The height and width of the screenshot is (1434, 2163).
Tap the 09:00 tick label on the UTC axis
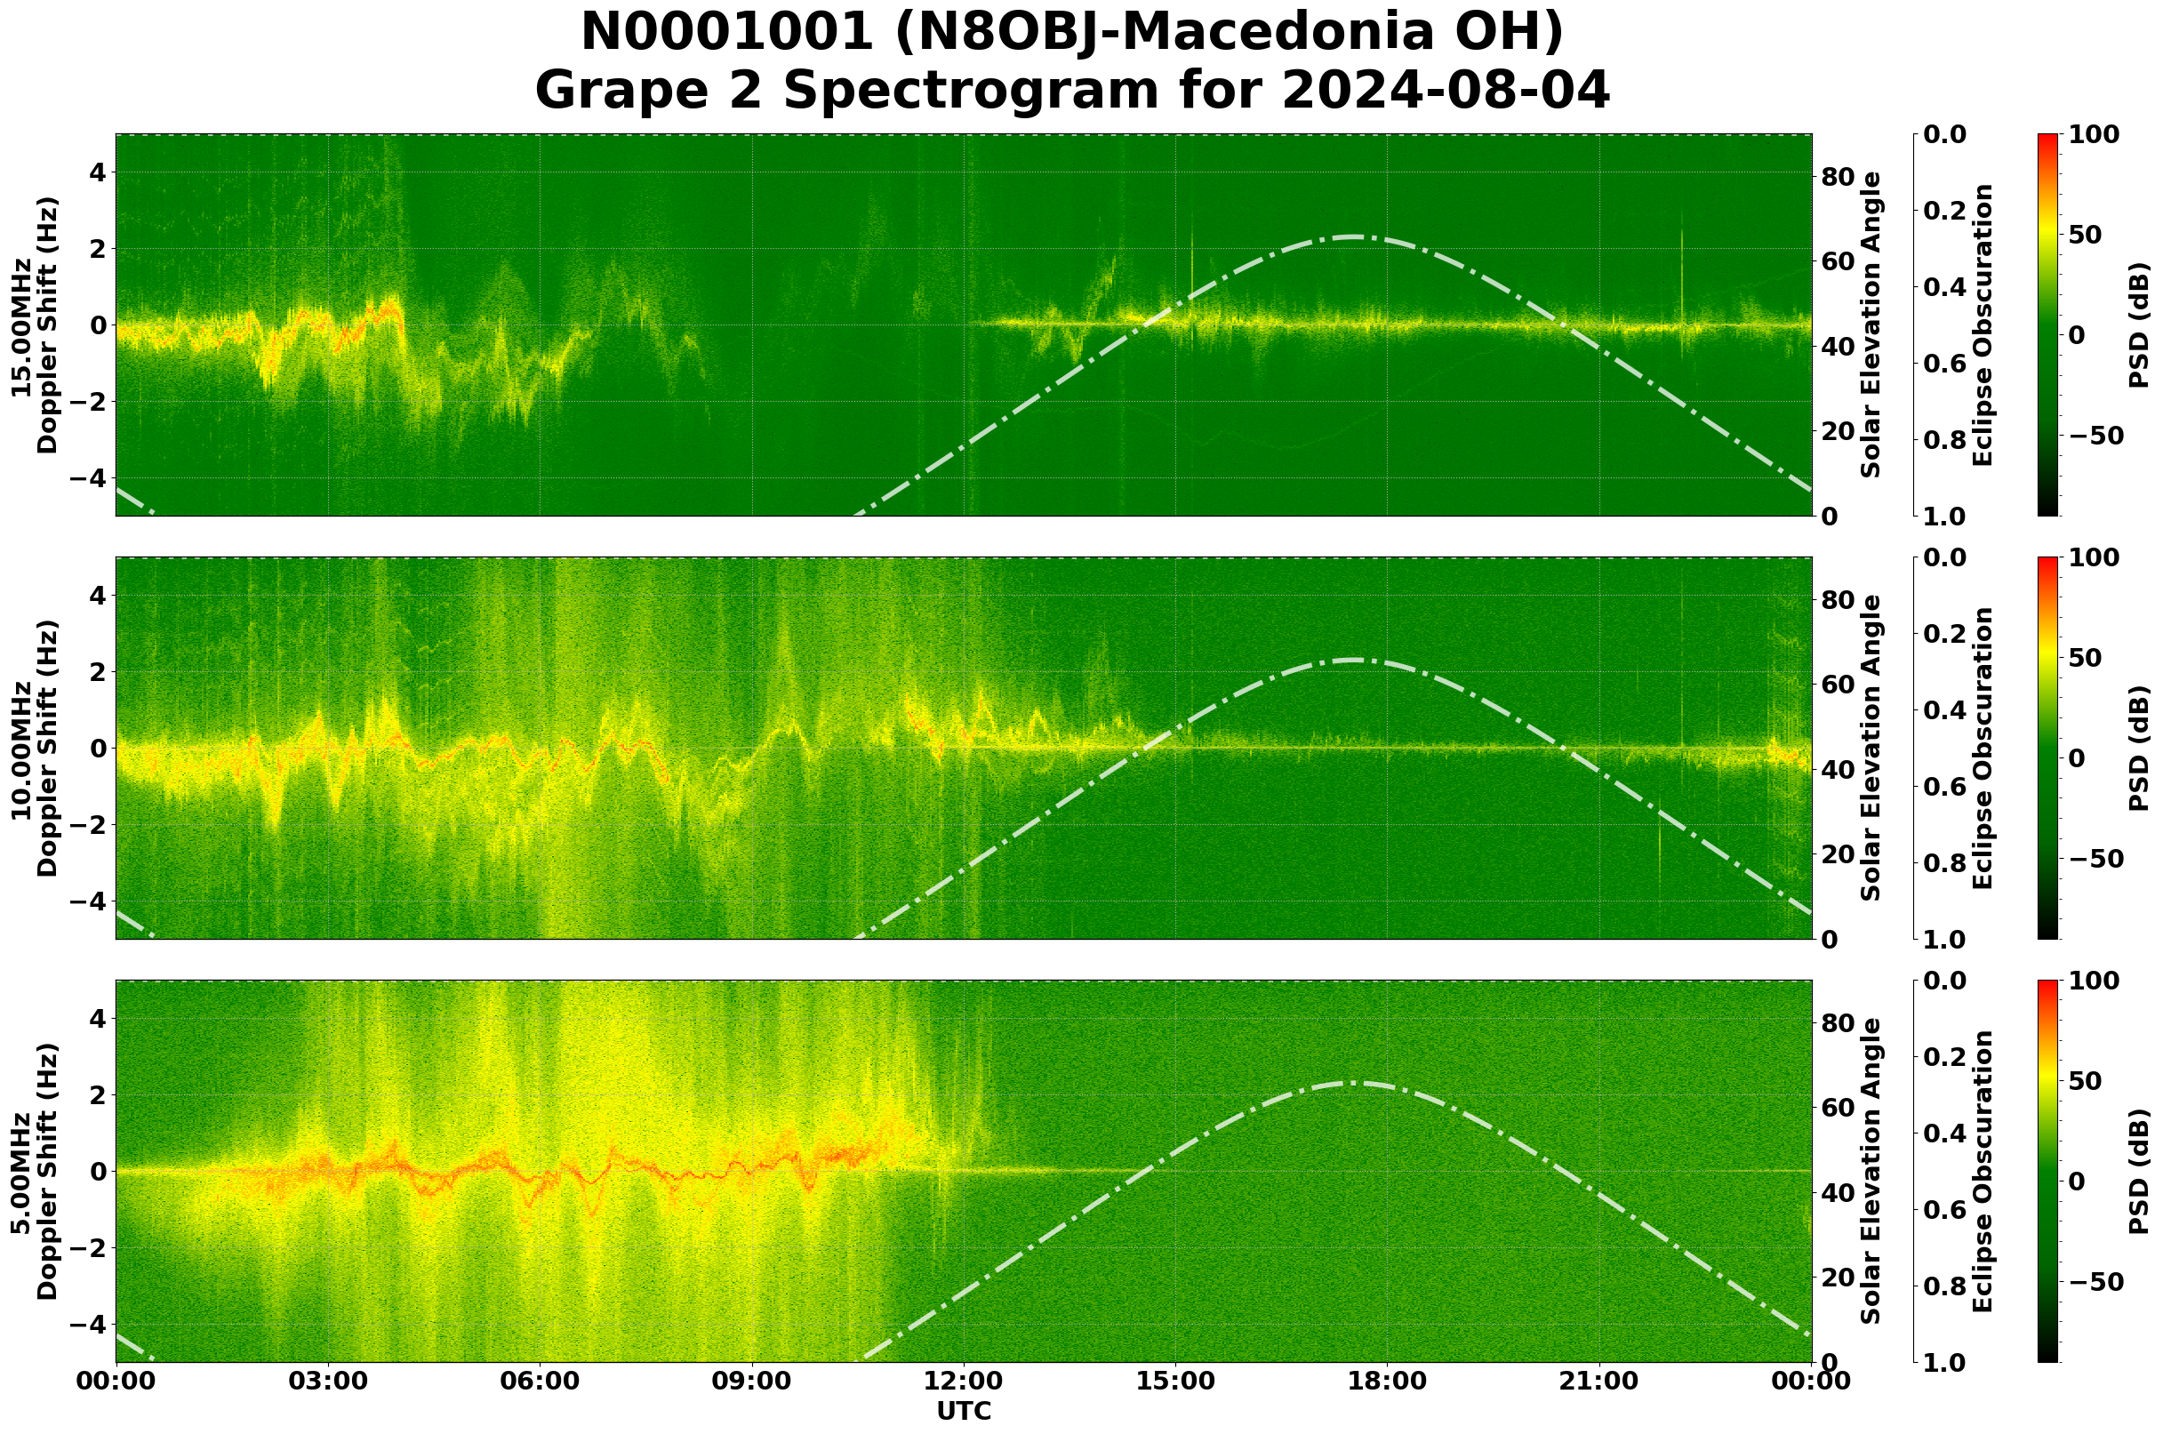(x=752, y=1382)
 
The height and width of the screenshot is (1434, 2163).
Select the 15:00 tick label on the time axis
(x=1176, y=1382)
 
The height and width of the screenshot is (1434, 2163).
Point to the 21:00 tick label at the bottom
(x=1599, y=1382)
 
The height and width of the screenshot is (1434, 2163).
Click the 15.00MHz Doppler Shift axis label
(x=34, y=325)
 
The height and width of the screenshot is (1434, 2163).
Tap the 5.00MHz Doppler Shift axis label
(x=34, y=1172)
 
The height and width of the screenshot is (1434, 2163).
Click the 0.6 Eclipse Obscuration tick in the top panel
(x=1951, y=364)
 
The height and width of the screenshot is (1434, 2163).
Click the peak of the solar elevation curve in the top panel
(x=1351, y=236)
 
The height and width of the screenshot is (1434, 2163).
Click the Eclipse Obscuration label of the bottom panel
(x=1983, y=1172)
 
